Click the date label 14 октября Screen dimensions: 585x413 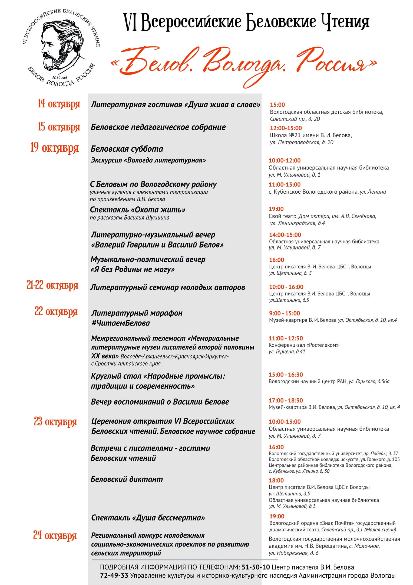59,104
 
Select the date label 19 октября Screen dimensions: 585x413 55,148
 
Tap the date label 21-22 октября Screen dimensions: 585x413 52,285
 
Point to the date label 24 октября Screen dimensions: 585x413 55,535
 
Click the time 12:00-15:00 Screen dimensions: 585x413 286,128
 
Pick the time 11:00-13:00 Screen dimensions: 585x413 285,184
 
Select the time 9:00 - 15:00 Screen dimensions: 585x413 284,313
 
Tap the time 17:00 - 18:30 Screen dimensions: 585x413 286,400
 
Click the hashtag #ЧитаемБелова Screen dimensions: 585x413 121,323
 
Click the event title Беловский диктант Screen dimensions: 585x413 127,479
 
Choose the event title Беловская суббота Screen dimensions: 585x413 127,149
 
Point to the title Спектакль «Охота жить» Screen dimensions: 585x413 138,210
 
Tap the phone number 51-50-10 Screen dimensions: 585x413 256,567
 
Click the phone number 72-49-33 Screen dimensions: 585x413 114,576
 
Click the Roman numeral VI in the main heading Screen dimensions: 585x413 130,22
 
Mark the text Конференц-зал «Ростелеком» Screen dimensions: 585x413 303,345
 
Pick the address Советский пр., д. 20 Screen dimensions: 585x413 295,119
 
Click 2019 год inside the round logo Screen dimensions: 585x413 60,78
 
